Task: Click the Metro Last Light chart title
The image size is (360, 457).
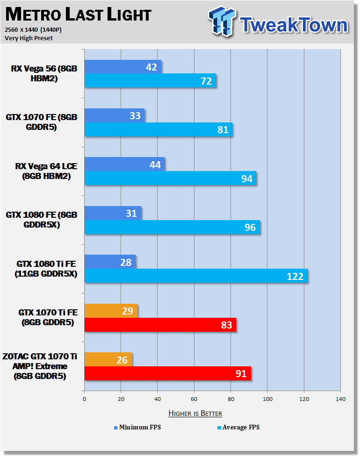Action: tap(79, 14)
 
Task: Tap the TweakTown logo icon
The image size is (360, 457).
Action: tap(222, 21)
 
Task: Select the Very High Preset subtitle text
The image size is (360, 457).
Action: tap(29, 38)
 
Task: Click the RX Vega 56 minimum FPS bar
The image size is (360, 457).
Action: tap(122, 67)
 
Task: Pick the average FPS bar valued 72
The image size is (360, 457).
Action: tap(150, 80)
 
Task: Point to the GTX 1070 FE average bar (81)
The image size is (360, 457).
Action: tap(158, 129)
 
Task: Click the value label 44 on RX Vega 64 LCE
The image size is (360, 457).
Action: tap(155, 164)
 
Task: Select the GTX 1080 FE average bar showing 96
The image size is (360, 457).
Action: tap(172, 227)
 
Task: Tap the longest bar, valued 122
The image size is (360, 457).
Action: tap(196, 276)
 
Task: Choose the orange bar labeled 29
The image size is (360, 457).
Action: tap(111, 311)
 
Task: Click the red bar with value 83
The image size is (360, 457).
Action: tap(160, 325)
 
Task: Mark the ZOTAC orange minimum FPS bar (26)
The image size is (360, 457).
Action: tap(108, 359)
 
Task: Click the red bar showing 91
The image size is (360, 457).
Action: tap(168, 373)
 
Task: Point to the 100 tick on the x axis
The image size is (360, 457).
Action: tap(267, 399)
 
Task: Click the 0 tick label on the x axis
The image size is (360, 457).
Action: tap(85, 399)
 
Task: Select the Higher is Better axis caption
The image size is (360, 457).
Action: tap(195, 413)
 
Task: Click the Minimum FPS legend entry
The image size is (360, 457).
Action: tap(137, 427)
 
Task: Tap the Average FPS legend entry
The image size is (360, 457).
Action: tap(238, 427)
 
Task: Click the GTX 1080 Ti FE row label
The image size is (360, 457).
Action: tap(46, 269)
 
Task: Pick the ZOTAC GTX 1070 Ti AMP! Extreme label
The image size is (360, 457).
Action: tap(40, 366)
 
